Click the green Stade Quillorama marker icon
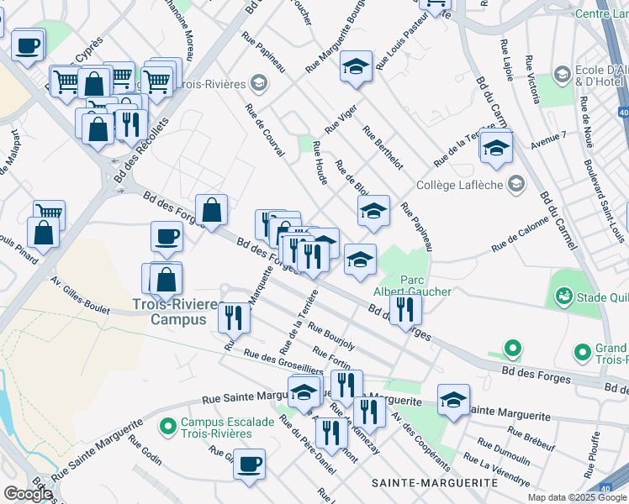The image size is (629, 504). (x=563, y=296)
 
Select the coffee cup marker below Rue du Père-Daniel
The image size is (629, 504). (x=248, y=464)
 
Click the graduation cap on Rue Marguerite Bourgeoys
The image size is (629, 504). (x=357, y=66)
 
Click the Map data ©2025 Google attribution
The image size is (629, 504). (x=577, y=497)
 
